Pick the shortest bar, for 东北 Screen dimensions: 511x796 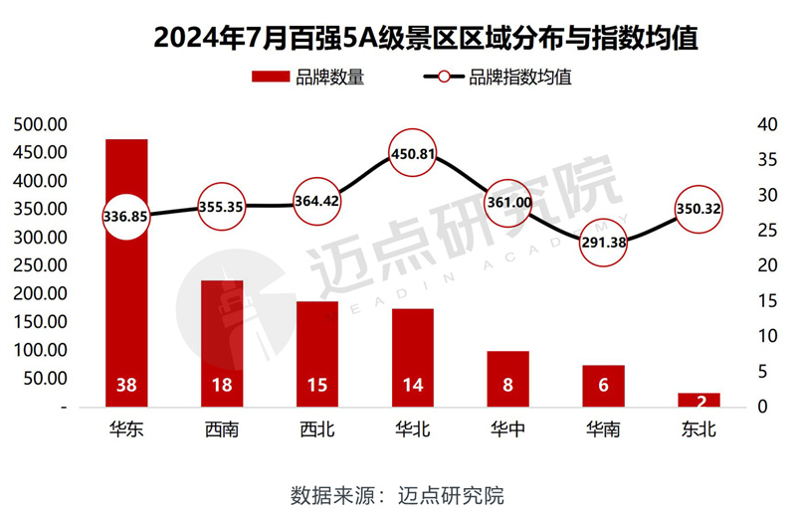pos(698,400)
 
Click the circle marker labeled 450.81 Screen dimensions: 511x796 pos(411,154)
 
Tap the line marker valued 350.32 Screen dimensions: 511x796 pos(697,209)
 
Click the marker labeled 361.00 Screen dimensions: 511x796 pos(507,203)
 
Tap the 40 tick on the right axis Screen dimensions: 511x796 pos(762,124)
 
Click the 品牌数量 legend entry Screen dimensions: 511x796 pos(308,78)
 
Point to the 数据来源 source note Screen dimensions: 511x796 pos(397,493)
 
